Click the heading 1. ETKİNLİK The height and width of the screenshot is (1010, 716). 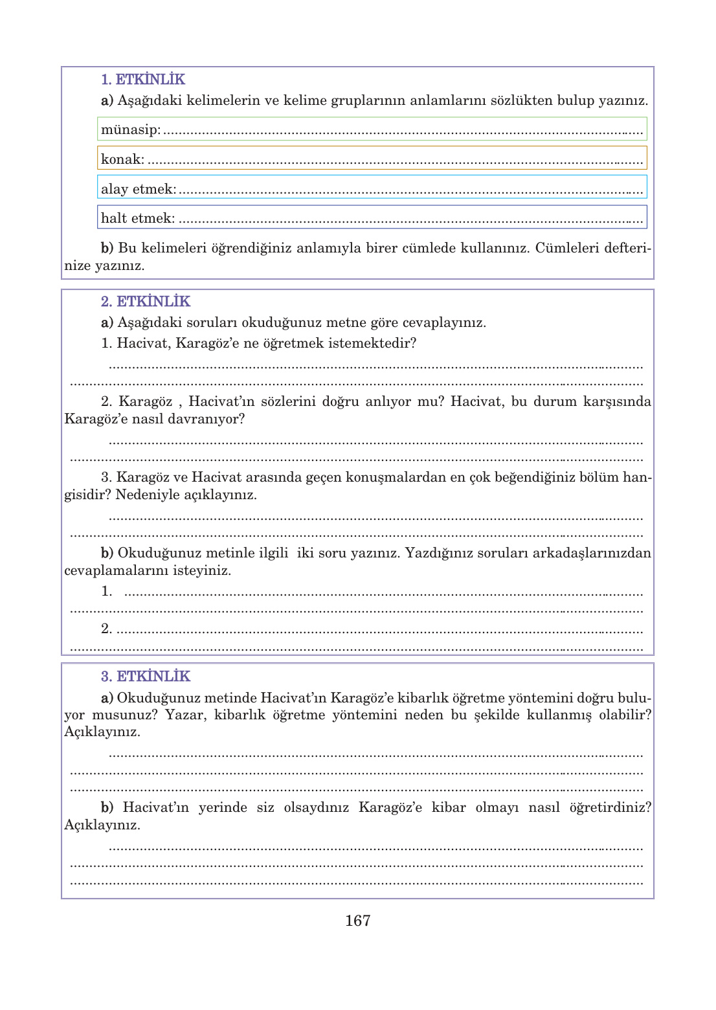[x=142, y=80]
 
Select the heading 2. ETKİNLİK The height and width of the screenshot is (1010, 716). [x=145, y=302]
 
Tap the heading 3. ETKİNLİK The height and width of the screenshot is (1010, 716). [x=145, y=677]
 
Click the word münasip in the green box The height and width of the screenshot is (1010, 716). [x=129, y=129]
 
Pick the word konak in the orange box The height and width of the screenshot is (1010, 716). [x=121, y=159]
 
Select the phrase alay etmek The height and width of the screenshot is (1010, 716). [x=138, y=189]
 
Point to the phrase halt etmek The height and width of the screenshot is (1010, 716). [x=137, y=218]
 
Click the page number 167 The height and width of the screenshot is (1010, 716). [x=357, y=921]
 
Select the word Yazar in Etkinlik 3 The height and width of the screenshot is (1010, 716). [x=185, y=715]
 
